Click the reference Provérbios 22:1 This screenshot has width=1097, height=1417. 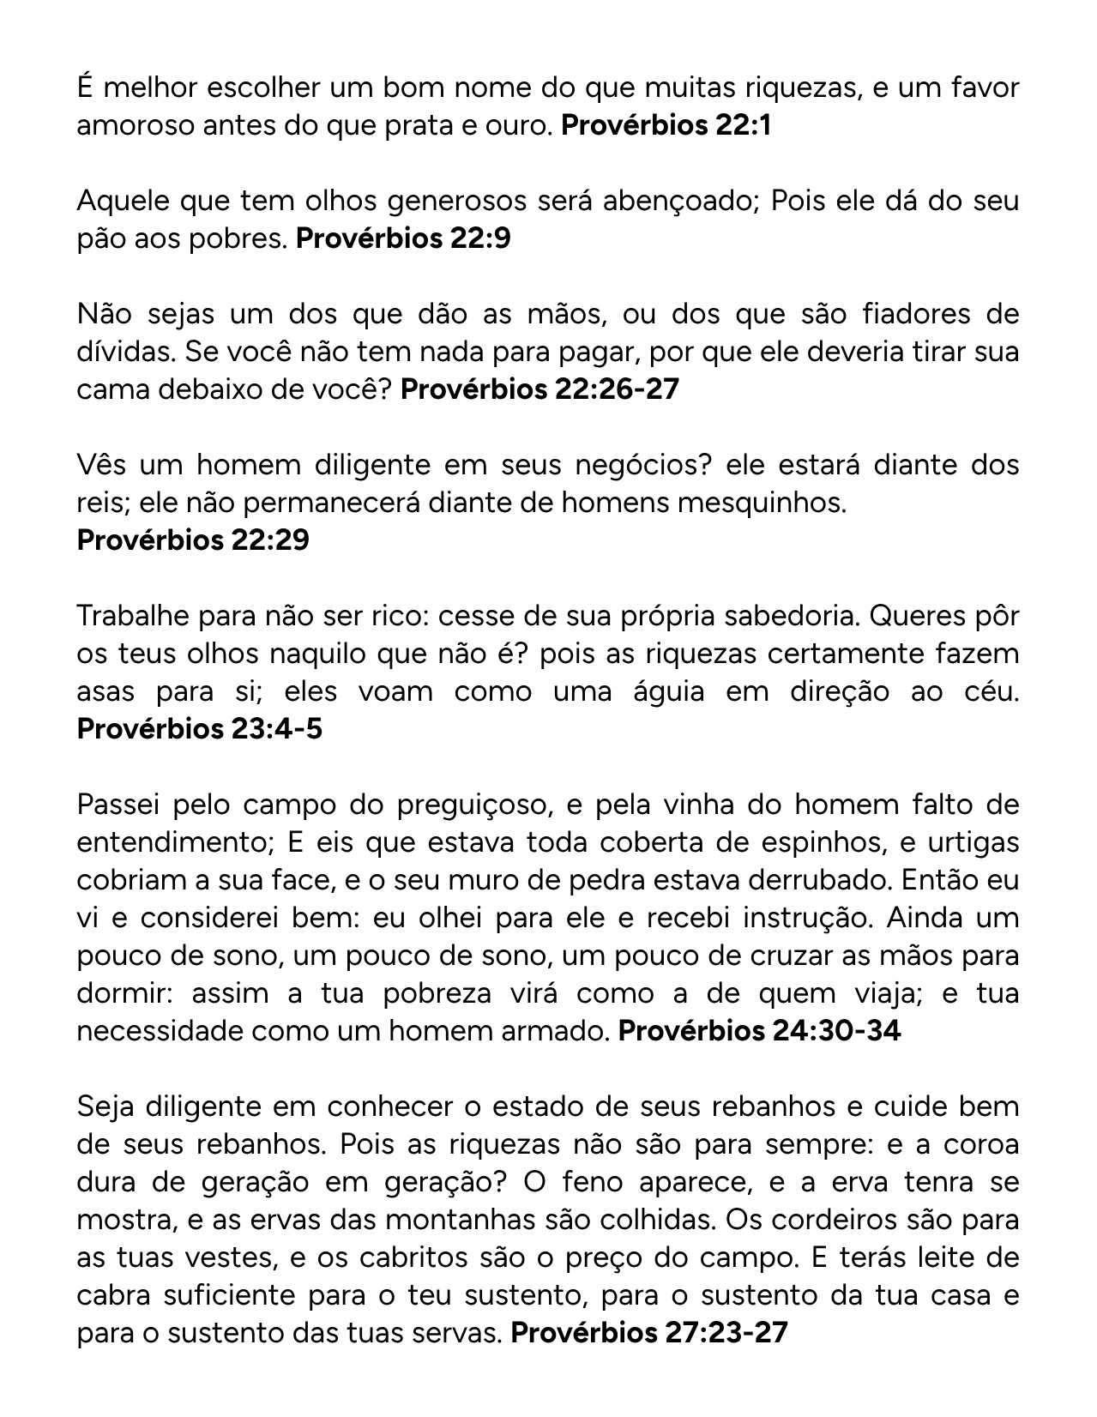point(666,125)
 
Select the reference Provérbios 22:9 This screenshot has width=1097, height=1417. point(403,238)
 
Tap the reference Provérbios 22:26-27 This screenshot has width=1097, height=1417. point(539,389)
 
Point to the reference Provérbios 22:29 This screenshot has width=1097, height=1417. point(193,540)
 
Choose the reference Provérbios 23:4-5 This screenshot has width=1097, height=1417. point(200,728)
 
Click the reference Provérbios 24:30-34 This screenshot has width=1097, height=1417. point(759,1030)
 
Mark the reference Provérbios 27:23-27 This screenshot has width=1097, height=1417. point(648,1332)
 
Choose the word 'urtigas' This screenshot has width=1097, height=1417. point(973,842)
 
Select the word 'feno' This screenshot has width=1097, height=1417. point(594,1182)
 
